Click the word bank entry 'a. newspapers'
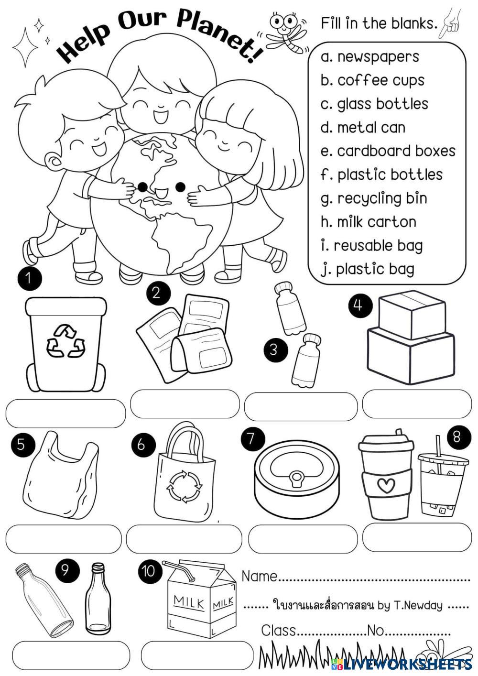(370, 57)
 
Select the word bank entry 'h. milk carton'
(369, 222)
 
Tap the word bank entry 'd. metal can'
(363, 128)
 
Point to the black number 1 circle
(30, 278)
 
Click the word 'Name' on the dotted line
(260, 577)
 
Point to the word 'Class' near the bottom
(278, 631)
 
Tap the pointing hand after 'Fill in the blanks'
(451, 23)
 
